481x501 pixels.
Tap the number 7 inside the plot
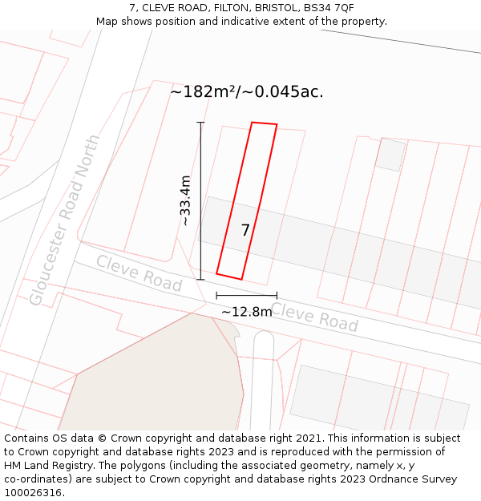[x=245, y=231]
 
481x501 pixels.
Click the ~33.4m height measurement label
[x=185, y=200]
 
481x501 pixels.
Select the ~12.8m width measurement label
[x=247, y=312]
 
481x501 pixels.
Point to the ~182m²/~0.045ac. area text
[x=246, y=91]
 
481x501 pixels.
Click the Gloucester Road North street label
[x=65, y=220]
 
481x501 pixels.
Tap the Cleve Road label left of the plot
[x=139, y=273]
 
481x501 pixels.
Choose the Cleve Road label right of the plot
[x=314, y=317]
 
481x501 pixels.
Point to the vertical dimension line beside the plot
[x=200, y=200]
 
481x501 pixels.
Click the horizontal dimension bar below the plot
[x=246, y=296]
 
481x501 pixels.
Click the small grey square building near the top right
[x=390, y=154]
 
